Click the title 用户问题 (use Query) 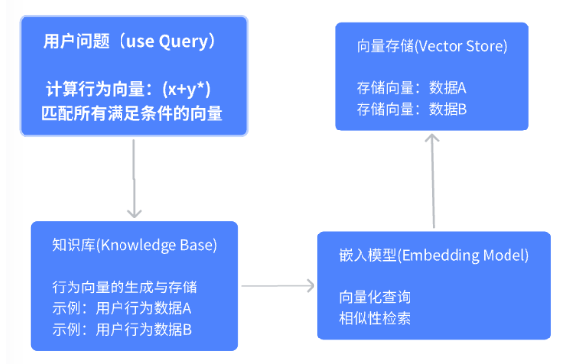tap(129, 41)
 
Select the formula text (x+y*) tap(186, 90)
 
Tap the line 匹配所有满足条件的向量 tap(132, 113)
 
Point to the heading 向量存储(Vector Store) tap(432, 47)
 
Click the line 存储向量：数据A tap(411, 88)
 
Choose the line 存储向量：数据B tap(411, 109)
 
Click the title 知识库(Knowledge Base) tap(134, 245)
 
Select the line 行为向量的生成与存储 tap(124, 287)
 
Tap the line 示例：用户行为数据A tap(121, 308)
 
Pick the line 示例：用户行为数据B tap(121, 330)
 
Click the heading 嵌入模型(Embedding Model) tap(434, 256)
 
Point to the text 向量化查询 tap(375, 297)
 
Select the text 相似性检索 tap(375, 318)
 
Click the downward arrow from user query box tap(134, 179)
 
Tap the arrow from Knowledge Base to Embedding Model tap(277, 286)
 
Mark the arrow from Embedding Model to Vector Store tap(433, 181)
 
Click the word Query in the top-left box tap(183, 42)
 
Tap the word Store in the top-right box tap(485, 47)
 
